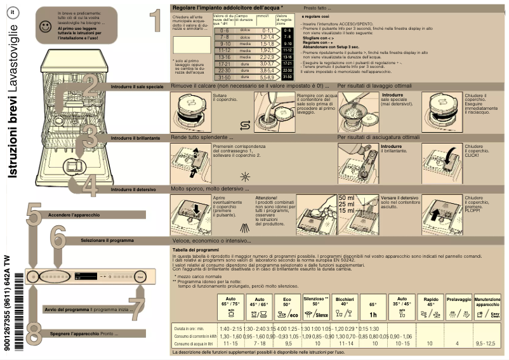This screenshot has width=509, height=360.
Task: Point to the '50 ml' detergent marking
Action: [x=347, y=198]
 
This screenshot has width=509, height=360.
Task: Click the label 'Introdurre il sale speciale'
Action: [x=137, y=86]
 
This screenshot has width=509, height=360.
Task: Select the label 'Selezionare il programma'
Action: [x=107, y=241]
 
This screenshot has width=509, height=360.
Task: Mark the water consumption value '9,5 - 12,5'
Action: [x=487, y=343]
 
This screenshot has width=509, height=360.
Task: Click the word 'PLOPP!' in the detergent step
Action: [x=473, y=211]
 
